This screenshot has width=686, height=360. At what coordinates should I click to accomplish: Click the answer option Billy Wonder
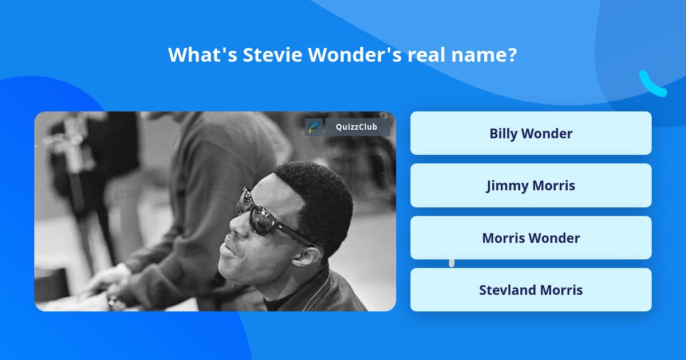click(x=531, y=133)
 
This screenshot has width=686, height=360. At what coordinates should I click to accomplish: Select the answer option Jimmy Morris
click(x=531, y=186)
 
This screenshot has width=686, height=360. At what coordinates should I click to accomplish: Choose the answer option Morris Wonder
click(x=531, y=238)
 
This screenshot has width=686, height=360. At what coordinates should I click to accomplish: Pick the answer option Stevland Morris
click(x=531, y=290)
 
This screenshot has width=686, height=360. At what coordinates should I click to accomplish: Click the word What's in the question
click(x=202, y=55)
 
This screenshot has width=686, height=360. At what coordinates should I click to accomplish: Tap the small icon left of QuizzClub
click(x=314, y=127)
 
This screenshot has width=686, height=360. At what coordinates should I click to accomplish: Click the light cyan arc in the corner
click(x=652, y=85)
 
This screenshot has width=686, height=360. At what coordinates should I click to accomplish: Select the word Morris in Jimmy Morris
click(x=553, y=186)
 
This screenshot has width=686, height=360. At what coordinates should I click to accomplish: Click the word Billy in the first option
click(x=503, y=133)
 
